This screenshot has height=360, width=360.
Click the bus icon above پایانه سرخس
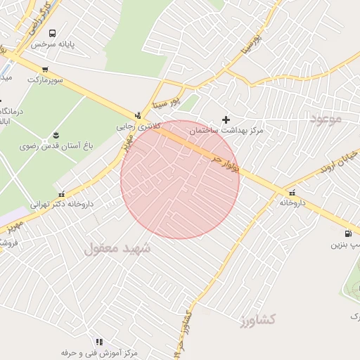click(x=52, y=33)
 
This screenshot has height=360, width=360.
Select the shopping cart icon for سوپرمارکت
click(x=45, y=69)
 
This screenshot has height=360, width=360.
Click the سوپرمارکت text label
click(x=45, y=79)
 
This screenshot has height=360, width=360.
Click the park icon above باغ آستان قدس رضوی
click(x=56, y=135)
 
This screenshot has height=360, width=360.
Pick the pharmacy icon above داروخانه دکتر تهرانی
click(x=61, y=194)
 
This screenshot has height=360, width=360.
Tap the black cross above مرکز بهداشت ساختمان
click(x=226, y=120)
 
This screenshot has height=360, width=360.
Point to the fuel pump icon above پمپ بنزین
click(x=347, y=234)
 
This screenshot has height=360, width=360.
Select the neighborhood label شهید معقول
click(x=117, y=249)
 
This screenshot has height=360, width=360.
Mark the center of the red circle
click(x=180, y=179)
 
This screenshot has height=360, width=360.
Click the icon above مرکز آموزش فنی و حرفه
click(x=98, y=342)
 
